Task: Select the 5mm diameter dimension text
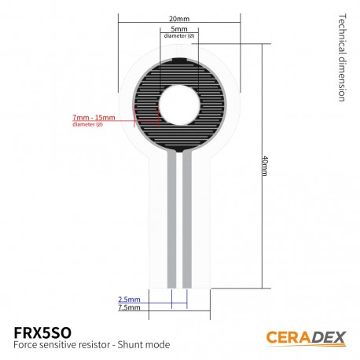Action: pyautogui.click(x=178, y=29)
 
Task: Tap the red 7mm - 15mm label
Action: pyautogui.click(x=93, y=117)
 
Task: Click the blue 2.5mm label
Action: pyautogui.click(x=129, y=299)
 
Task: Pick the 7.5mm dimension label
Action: pyautogui.click(x=129, y=308)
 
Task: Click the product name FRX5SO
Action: pyautogui.click(x=49, y=330)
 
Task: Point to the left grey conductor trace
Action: pyautogui.click(x=171, y=220)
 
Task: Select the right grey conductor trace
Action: pyautogui.click(x=187, y=220)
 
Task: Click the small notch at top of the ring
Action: pyautogui.click(x=178, y=60)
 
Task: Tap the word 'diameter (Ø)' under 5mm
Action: pyautogui.click(x=178, y=37)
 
